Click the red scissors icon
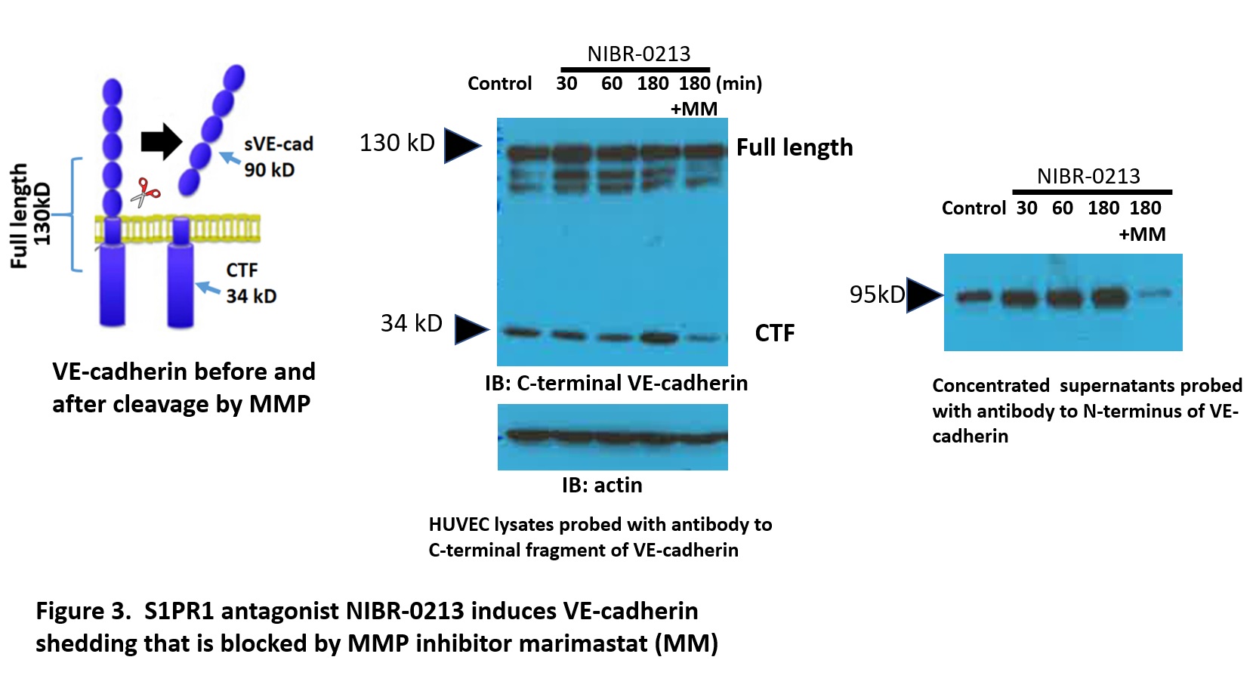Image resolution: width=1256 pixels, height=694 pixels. tap(145, 192)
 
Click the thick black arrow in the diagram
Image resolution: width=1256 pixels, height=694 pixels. tap(161, 141)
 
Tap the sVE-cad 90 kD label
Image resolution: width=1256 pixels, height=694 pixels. tap(277, 156)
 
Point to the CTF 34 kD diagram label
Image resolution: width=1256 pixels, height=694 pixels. tap(251, 282)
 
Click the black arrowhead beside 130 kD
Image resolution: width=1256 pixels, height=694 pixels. tap(461, 146)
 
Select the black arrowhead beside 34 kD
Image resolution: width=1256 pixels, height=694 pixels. tap(471, 329)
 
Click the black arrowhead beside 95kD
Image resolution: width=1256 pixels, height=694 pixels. tap(924, 295)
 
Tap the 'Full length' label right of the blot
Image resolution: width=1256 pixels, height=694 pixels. tap(795, 147)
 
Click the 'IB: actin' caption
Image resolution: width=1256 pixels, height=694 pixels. tap(602, 485)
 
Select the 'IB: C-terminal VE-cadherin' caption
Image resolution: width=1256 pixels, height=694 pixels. tap(616, 383)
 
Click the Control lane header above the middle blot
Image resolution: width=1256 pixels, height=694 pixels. tap(499, 83)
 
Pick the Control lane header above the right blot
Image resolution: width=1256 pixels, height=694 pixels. tap(974, 208)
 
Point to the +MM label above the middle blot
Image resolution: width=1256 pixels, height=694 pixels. tap(694, 109)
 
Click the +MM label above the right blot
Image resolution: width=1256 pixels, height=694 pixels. tap(1142, 234)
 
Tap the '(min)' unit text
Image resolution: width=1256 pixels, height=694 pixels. tap(739, 83)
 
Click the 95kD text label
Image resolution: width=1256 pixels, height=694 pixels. tap(877, 295)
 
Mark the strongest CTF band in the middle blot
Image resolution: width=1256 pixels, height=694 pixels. tap(659, 336)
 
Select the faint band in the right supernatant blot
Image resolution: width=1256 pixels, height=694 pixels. tap(1155, 294)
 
